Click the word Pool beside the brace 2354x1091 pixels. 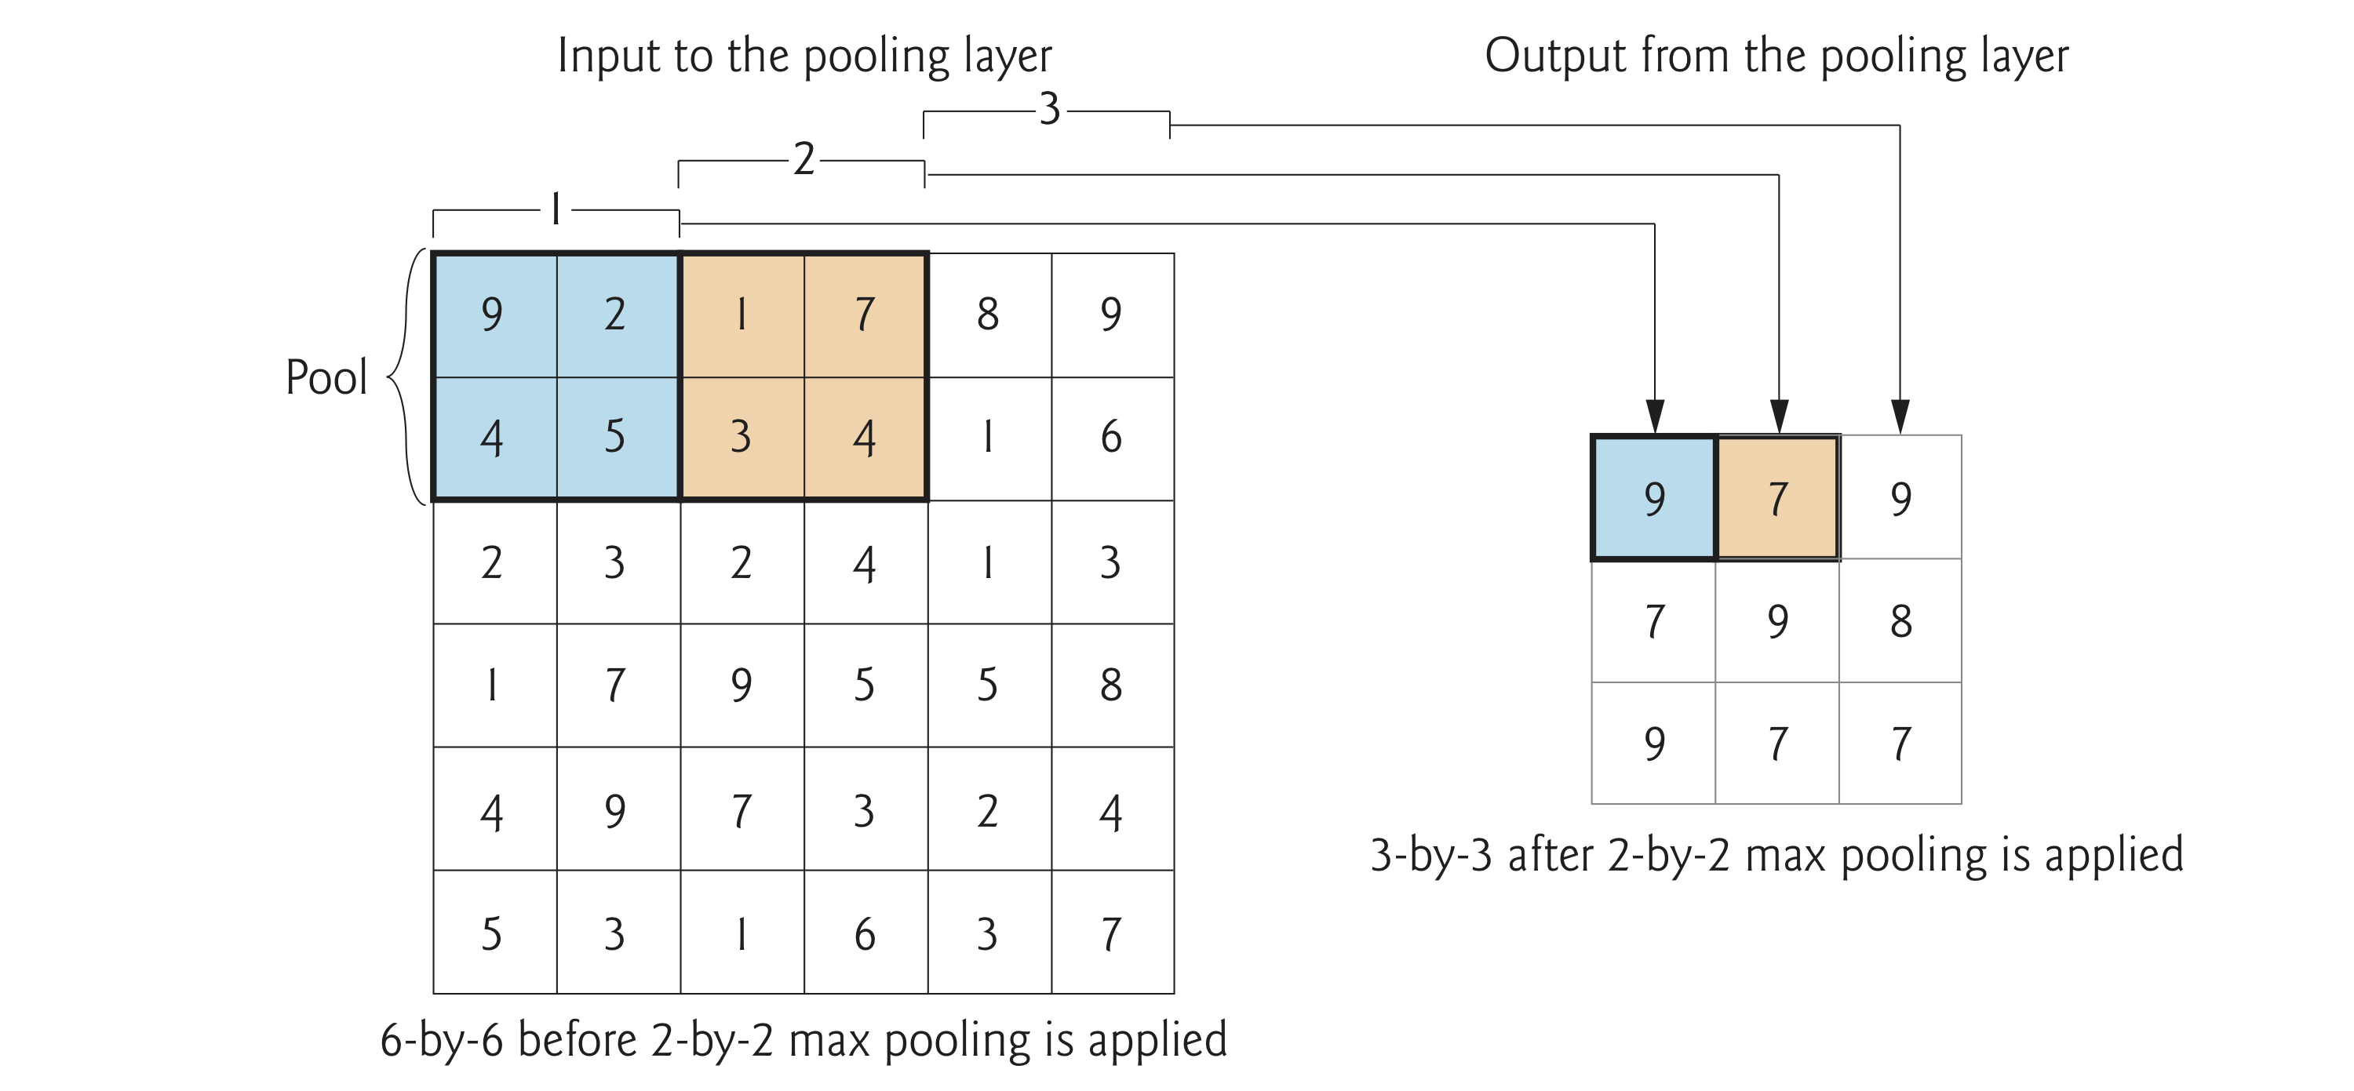pos(326,377)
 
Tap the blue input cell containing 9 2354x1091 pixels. pos(494,315)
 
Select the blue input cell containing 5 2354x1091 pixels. pos(617,438)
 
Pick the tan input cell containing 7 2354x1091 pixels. pos(865,315)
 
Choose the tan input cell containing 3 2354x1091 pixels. pos(741,438)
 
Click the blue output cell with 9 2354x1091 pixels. pos(1654,499)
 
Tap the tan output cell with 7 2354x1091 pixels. pos(1777,499)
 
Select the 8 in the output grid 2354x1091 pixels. pos(1900,621)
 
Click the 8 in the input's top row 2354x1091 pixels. pos(989,315)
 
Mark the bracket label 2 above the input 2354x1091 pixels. pos(803,159)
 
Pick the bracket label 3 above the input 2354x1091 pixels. pos(1050,109)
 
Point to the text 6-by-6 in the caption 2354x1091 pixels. pos(441,1041)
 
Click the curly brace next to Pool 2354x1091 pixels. pos(406,376)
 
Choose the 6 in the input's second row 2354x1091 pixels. pos(1111,438)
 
